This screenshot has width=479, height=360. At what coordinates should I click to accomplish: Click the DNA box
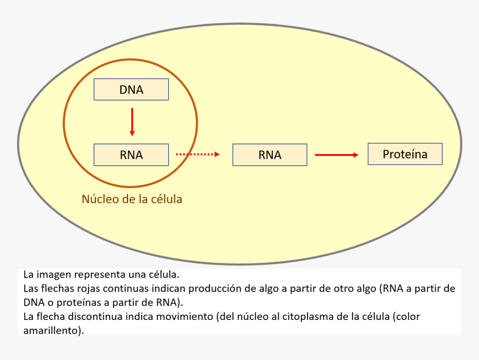(x=131, y=90)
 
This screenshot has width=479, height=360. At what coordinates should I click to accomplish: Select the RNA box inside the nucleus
(x=131, y=155)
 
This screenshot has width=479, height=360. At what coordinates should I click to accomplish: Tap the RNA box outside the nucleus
(x=270, y=155)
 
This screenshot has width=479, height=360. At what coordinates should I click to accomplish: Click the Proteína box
(x=405, y=154)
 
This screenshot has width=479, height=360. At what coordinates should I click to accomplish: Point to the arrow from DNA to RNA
(x=132, y=122)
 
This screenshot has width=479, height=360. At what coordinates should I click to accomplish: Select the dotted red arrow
(x=198, y=154)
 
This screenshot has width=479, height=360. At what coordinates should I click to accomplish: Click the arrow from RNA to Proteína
(x=336, y=155)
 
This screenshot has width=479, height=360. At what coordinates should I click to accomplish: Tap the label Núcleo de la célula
(x=132, y=199)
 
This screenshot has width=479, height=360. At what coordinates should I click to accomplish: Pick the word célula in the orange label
(x=165, y=199)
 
